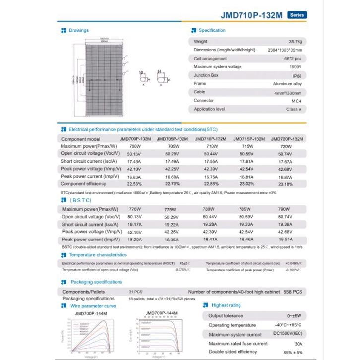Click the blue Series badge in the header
click(297, 15)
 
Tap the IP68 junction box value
click(297, 75)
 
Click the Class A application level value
click(294, 109)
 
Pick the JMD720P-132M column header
click(288, 139)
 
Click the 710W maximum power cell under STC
click(212, 147)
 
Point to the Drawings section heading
click(79, 31)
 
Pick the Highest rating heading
click(226, 306)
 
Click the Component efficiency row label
click(83, 184)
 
